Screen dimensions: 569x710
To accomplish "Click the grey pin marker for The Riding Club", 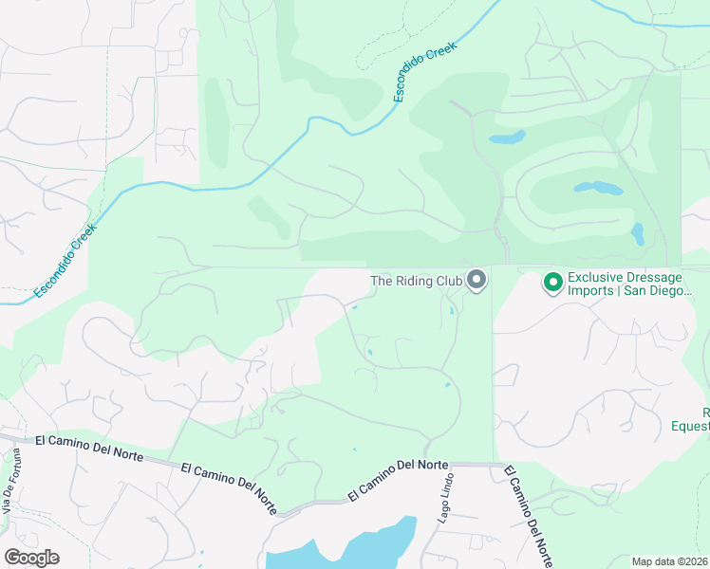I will [476, 281].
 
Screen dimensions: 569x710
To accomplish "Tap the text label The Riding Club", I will [416, 281].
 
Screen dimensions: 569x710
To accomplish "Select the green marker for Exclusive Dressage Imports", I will [551, 282].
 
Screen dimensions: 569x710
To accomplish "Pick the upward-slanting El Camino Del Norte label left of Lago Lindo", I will [397, 480].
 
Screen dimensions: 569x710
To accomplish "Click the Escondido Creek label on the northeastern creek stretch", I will [425, 72].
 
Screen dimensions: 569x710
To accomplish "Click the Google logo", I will [31, 558].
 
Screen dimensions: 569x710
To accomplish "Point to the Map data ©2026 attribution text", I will [669, 561].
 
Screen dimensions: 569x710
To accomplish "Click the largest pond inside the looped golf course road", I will [596, 188].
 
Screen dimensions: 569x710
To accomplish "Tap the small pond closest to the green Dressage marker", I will [637, 233].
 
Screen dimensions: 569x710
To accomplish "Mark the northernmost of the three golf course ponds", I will [507, 138].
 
